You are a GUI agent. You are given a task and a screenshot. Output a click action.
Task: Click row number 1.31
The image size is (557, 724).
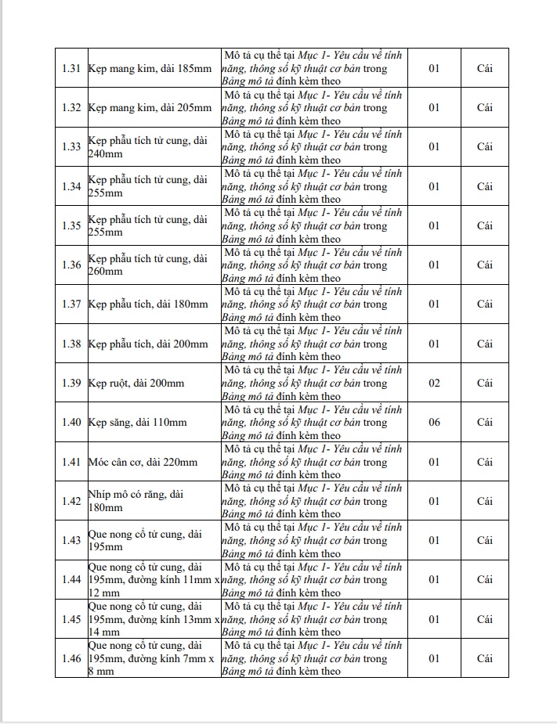pyautogui.click(x=71, y=68)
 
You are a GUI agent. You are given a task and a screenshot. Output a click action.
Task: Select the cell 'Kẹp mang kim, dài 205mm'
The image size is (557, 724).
pyautogui.click(x=150, y=107)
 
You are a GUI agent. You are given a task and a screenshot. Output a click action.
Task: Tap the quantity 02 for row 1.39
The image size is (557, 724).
pyautogui.click(x=433, y=383)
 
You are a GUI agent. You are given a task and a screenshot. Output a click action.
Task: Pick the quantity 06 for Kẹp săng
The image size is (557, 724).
pyautogui.click(x=433, y=423)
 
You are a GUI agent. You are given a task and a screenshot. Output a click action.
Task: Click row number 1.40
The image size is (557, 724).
pyautogui.click(x=71, y=423)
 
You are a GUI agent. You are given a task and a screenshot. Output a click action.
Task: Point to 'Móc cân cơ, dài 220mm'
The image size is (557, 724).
pyautogui.click(x=143, y=462)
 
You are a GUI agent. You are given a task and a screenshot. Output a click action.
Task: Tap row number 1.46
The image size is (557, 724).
pyautogui.click(x=71, y=658)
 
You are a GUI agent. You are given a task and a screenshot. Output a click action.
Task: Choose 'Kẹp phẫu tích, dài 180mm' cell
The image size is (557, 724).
pyautogui.click(x=148, y=304)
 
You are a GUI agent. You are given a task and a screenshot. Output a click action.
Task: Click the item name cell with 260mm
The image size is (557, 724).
pyautogui.click(x=148, y=265)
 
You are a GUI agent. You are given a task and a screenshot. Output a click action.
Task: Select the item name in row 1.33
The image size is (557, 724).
pyautogui.click(x=148, y=146)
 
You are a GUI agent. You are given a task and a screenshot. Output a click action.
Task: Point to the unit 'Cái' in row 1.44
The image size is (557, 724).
pyautogui.click(x=485, y=580)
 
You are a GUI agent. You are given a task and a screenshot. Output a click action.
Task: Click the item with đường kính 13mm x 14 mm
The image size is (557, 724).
pyautogui.click(x=153, y=619)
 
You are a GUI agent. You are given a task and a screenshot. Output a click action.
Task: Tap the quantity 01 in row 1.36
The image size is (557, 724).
pyautogui.click(x=433, y=265)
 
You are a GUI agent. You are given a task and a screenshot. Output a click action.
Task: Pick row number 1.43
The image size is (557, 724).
pyautogui.click(x=71, y=540)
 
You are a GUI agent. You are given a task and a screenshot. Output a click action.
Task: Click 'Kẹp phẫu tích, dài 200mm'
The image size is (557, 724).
pyautogui.click(x=148, y=344)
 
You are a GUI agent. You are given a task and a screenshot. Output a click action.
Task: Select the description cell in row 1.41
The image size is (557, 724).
pyautogui.click(x=313, y=462)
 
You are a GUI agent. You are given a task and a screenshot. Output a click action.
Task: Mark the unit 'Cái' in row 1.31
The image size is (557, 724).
pyautogui.click(x=485, y=68)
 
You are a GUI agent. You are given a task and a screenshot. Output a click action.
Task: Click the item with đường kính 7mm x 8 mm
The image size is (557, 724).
pyautogui.click(x=153, y=658)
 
